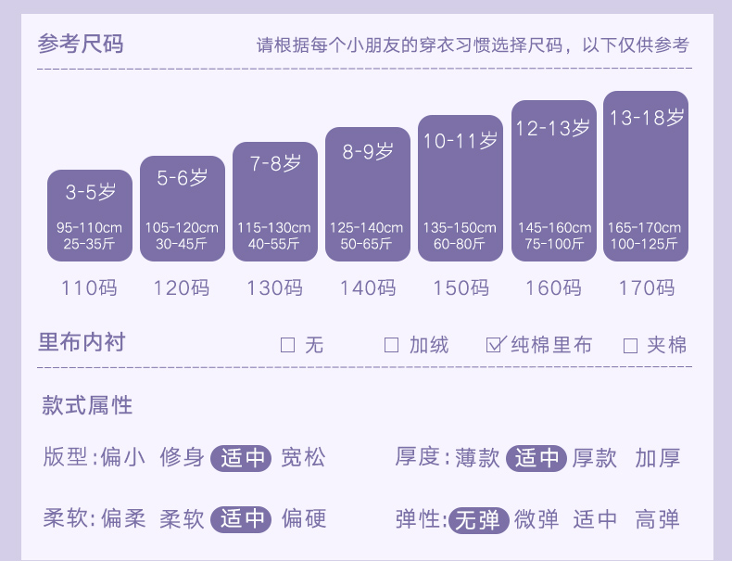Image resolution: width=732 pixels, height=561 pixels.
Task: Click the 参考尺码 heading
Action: pyautogui.click(x=80, y=44)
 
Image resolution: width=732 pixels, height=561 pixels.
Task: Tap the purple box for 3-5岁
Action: pyautogui.click(x=90, y=215)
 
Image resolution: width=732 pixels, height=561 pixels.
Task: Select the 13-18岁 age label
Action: pyautogui.click(x=645, y=118)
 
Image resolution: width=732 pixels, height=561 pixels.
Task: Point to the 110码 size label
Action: pyautogui.click(x=90, y=287)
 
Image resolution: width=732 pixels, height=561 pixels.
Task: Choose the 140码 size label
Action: pyautogui.click(x=367, y=287)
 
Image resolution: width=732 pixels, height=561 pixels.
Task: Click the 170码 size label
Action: pyautogui.click(x=646, y=287)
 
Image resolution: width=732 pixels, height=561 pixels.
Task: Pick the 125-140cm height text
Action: pyautogui.click(x=367, y=227)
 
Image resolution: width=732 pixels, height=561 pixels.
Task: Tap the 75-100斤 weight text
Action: pyautogui.click(x=553, y=244)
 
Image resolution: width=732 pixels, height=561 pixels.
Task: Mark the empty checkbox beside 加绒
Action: pyautogui.click(x=391, y=346)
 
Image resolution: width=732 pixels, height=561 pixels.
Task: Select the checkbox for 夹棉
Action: pyautogui.click(x=630, y=346)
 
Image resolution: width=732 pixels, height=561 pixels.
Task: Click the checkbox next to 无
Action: pyautogui.click(x=287, y=346)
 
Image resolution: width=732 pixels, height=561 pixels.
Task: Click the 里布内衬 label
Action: pyautogui.click(x=81, y=343)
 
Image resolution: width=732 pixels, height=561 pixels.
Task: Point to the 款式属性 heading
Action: pyautogui.click(x=87, y=405)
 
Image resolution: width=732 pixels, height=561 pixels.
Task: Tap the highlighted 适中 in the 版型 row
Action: pyautogui.click(x=242, y=458)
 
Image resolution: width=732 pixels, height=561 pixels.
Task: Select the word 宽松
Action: pyautogui.click(x=304, y=458)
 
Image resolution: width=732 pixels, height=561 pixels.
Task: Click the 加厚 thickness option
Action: pyautogui.click(x=658, y=458)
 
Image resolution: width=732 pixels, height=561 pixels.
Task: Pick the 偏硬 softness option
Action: pyautogui.click(x=304, y=519)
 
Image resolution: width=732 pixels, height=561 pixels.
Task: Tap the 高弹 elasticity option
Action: pyautogui.click(x=658, y=519)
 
